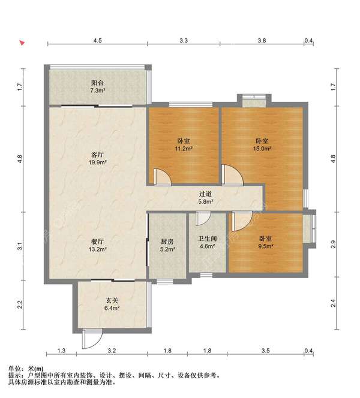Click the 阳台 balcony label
click(98, 83)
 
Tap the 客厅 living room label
click(98, 155)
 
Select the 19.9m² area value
click(98, 162)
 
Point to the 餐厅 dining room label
click(98, 242)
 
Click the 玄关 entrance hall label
click(112, 300)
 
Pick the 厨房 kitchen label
click(167, 242)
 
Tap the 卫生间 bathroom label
click(208, 239)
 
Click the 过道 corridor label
click(206, 194)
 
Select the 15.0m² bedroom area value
click(262, 148)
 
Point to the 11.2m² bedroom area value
click(184, 148)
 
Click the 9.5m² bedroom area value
click(266, 246)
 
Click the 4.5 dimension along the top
click(97, 40)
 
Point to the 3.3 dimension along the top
click(184, 40)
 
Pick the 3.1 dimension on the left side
click(20, 246)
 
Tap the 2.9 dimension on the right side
click(334, 244)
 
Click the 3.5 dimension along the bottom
click(265, 351)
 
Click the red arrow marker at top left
click(22, 43)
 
